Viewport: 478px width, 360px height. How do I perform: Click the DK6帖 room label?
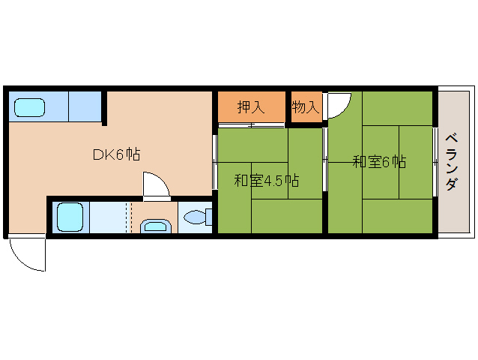click(117, 154)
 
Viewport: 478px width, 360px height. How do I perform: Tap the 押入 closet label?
click(251, 107)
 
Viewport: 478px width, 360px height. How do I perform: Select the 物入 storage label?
click(306, 107)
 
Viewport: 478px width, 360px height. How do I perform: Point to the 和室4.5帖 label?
click(266, 181)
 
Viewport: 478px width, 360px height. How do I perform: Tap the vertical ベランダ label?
click(450, 161)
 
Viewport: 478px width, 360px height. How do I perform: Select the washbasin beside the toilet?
click(154, 226)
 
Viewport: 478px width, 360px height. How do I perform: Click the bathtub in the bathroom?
click(70, 217)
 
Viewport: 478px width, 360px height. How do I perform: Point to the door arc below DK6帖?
click(155, 184)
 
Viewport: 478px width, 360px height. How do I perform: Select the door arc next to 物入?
click(337, 105)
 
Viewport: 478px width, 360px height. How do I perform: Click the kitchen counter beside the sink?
click(85, 106)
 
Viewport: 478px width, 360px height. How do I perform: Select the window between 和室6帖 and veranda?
click(435, 161)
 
